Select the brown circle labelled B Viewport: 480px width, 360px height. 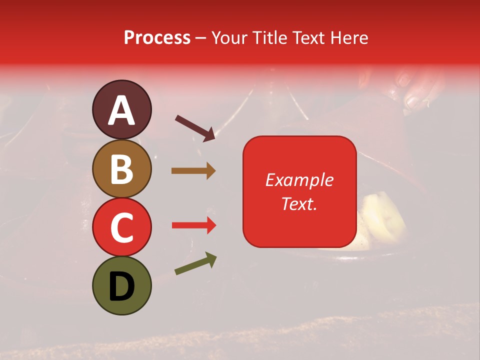[x=121, y=168]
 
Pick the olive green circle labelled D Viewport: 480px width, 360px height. [x=121, y=285]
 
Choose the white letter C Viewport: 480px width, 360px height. [x=121, y=227]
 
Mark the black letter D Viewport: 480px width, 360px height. [x=121, y=286]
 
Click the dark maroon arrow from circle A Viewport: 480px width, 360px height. [x=195, y=128]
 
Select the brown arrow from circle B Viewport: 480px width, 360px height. [x=193, y=171]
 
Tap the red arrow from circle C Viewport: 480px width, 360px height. [x=194, y=225]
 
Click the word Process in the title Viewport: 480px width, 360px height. [x=157, y=37]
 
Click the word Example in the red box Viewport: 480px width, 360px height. [x=299, y=180]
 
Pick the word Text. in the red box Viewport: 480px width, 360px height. [x=299, y=203]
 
